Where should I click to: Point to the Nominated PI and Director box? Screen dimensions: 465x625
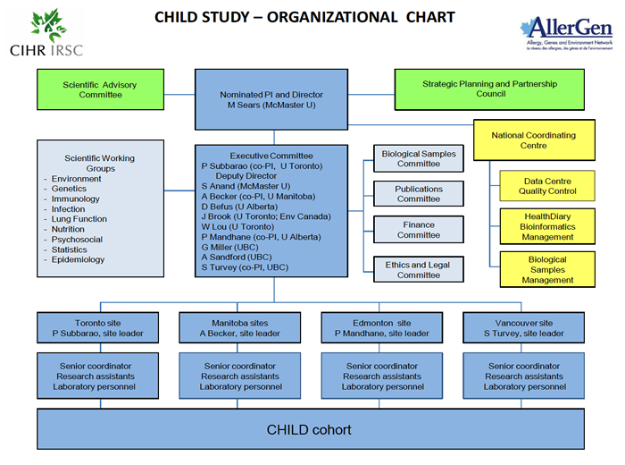[x=271, y=99]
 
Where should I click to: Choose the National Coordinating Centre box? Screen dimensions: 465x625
[x=533, y=140]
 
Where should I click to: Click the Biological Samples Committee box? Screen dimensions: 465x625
[x=419, y=157]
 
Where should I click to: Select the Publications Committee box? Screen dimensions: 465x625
[x=419, y=194]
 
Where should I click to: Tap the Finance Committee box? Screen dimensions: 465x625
[x=419, y=230]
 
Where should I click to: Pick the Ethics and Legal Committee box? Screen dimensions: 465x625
[x=419, y=270]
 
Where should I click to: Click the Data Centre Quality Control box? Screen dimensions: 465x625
[x=549, y=186]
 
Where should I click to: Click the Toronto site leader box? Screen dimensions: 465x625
[x=98, y=327]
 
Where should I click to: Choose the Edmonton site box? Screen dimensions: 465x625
[x=382, y=327]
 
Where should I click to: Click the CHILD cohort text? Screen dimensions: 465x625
[x=309, y=430]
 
